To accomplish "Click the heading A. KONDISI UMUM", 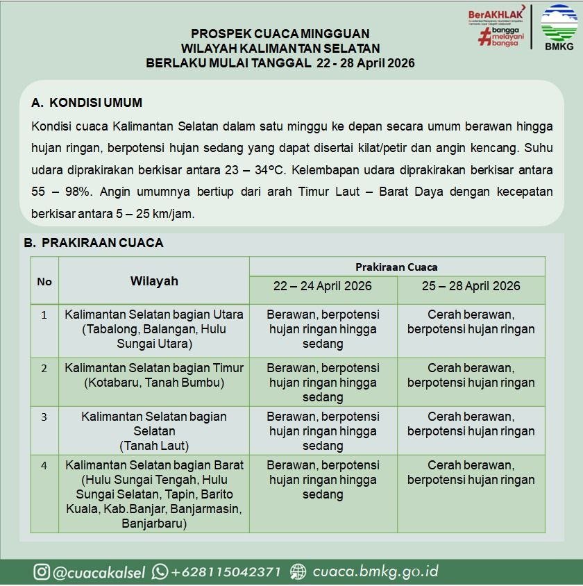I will (x=87, y=103).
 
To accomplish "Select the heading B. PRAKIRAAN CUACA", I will (x=94, y=243).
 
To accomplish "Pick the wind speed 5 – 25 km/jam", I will (x=146, y=214).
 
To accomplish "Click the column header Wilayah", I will (x=154, y=281).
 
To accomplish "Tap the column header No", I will (x=44, y=281).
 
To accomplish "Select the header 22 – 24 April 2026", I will (x=323, y=286).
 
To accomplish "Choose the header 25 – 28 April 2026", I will (x=471, y=286).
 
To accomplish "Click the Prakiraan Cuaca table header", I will (x=396, y=267).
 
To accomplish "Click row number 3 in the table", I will (x=44, y=417).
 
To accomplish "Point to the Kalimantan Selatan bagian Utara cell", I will (x=154, y=329).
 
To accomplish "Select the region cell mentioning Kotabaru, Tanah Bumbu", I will (x=154, y=375).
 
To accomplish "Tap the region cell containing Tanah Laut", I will (x=154, y=430).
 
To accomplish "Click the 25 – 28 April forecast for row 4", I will (x=471, y=472).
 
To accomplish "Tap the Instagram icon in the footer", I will (x=42, y=571).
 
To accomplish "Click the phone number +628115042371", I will (x=226, y=571).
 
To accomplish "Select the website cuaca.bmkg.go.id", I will (x=375, y=571).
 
